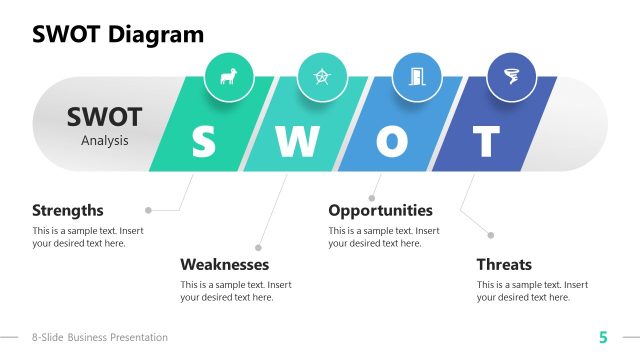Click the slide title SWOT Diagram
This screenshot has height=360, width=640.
point(118,35)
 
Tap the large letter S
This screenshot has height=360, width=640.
point(203,142)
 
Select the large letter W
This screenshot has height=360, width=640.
point(296,142)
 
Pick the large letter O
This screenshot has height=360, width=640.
point(391,142)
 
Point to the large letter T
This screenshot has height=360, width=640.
point(486,142)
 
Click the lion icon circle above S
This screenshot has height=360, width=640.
point(229,77)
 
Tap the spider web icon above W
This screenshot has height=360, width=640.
point(322,77)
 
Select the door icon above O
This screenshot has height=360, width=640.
point(416,77)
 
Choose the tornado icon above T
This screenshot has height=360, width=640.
point(511,77)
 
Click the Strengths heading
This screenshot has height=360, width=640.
point(68,210)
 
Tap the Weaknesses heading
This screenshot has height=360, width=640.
point(224,265)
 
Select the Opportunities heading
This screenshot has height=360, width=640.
point(380,210)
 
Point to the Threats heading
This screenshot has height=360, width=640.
point(504,265)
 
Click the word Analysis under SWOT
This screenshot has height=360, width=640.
point(105,141)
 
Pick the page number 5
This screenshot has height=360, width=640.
point(603,337)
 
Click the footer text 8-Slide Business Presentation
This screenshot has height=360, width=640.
point(100,338)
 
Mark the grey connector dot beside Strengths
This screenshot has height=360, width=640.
point(149,210)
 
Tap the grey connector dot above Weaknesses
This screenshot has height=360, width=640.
point(258,247)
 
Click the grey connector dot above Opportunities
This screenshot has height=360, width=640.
point(372,198)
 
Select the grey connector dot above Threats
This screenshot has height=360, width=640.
point(491,235)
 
